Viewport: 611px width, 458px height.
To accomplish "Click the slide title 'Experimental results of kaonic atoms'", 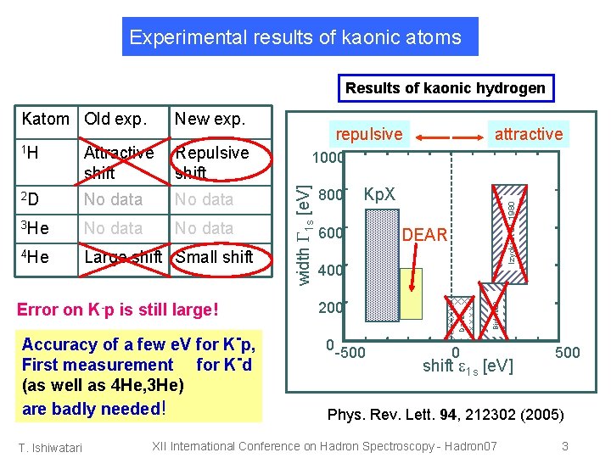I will click(295, 37).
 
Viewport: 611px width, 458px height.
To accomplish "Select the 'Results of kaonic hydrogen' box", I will click(445, 87).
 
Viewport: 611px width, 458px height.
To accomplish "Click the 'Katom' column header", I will click(46, 120).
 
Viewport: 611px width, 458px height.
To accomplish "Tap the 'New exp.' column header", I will click(209, 120).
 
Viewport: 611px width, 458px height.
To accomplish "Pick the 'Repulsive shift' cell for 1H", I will click(211, 162).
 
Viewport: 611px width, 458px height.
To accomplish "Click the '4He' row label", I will click(35, 257).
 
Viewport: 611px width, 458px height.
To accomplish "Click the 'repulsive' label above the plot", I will click(369, 134).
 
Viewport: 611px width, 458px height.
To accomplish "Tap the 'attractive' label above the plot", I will click(528, 134).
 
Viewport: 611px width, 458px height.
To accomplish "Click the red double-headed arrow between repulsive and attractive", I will click(449, 135).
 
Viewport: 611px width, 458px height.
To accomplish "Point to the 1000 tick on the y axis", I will click(328, 159).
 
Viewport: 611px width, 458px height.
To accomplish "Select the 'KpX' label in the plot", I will click(379, 194).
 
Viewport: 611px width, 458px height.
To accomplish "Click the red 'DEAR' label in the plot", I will click(424, 235).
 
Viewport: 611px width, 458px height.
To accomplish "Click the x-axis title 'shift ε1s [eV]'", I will click(468, 366).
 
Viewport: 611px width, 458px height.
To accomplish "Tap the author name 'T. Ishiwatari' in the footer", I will click(52, 447).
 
